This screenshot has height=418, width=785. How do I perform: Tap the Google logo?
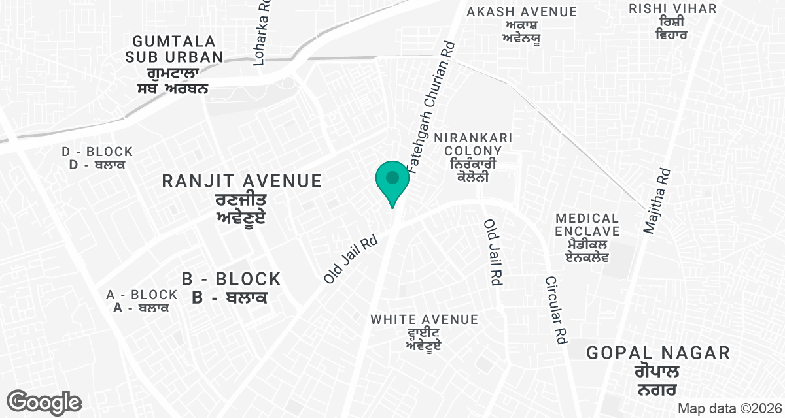point(44,402)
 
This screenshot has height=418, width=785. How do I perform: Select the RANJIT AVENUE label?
point(242,181)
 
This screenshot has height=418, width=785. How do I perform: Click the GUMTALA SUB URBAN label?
point(174,49)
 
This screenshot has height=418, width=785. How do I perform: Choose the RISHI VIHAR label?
point(672,8)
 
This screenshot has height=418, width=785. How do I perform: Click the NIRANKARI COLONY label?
point(478,144)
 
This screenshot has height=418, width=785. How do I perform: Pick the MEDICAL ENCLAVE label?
point(587,224)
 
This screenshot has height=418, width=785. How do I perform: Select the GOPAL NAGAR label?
point(658,353)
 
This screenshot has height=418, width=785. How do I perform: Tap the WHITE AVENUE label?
point(424,319)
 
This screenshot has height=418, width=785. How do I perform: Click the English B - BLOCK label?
point(232,280)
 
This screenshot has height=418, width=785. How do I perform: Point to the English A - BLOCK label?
point(142,295)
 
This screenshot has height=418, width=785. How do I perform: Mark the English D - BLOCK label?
point(97,152)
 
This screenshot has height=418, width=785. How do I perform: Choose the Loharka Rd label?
point(262,33)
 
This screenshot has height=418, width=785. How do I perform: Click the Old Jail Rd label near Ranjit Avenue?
point(351,259)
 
